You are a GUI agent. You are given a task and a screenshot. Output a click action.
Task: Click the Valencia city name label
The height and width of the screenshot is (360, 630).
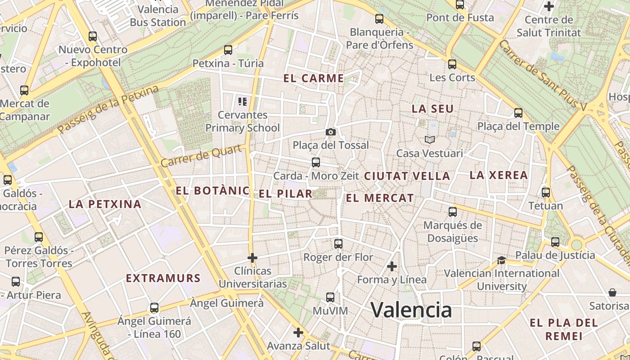pos(411,310)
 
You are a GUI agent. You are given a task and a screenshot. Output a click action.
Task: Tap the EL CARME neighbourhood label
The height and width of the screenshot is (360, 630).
pos(314,78)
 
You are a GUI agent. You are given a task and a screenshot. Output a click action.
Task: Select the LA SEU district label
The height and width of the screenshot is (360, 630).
pos(432,108)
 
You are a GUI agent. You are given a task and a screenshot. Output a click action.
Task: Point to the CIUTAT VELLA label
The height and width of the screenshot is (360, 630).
pos(407,176)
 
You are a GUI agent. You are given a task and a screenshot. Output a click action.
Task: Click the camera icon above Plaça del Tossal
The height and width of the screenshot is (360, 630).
pos(331,132)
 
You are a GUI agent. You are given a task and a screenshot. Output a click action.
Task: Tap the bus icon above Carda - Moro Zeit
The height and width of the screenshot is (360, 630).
pos(316,162)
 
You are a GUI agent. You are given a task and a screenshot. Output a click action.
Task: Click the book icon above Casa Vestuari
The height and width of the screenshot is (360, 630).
pos(430,140)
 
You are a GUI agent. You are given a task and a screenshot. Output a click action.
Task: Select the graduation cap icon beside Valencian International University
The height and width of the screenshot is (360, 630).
pos(501,260)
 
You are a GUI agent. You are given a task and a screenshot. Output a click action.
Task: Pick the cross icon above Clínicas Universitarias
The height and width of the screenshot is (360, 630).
pos(252,258)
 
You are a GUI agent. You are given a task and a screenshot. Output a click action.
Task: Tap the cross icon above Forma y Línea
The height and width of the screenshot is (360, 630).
pos(392,266)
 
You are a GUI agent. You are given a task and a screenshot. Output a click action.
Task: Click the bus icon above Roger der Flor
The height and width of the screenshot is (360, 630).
pos(338,244)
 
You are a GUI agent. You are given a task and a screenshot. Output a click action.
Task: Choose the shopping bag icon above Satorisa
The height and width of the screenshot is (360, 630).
pos(612,293)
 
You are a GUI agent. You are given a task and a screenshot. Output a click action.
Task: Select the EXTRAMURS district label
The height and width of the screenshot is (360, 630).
pos(163,278)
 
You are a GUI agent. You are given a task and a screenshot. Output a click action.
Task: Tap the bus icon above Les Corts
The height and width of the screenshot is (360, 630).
pos(452,64)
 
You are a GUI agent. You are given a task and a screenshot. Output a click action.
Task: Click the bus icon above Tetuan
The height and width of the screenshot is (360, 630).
pos(546,193)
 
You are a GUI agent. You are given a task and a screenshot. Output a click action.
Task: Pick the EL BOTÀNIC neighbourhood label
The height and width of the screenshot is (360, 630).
pos(212,190)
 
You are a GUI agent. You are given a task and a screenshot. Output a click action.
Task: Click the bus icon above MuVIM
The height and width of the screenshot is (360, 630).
pos(330,297)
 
